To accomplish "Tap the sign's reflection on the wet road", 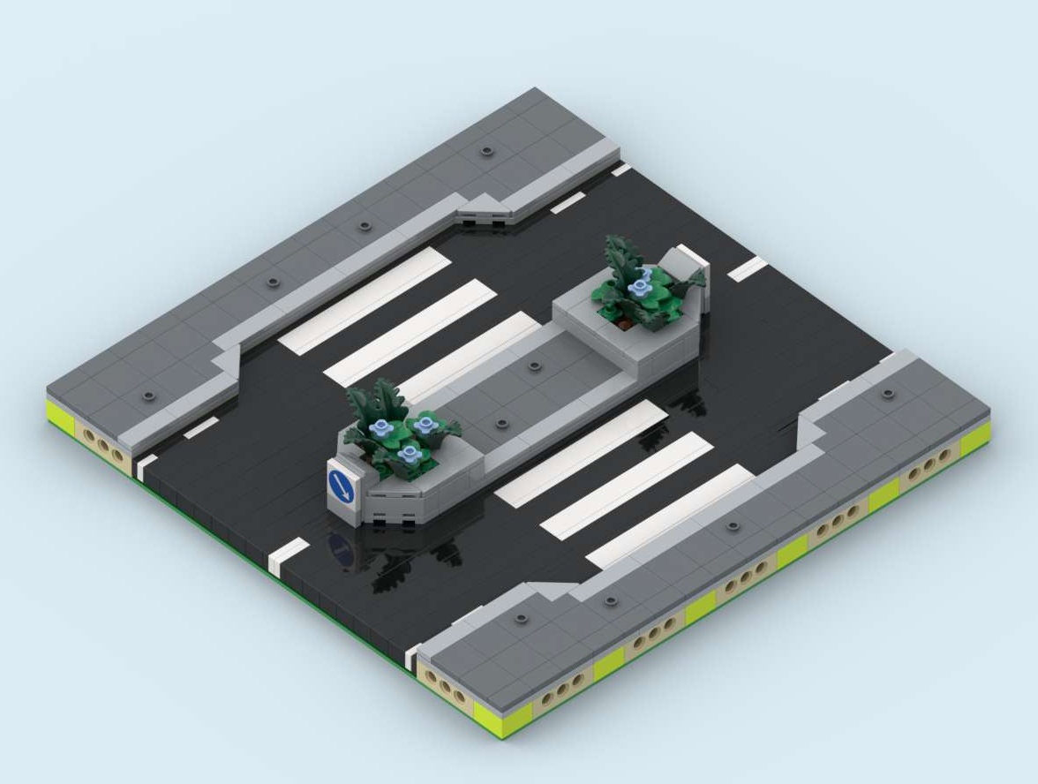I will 342,550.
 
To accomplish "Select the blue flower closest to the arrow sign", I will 409,454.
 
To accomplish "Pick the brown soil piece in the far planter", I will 625,323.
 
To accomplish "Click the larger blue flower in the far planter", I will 638,288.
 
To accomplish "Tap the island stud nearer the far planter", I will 534,366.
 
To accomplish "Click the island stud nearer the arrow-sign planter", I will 501,424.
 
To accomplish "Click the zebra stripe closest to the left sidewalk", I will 365,300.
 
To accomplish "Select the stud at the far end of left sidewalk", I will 486,151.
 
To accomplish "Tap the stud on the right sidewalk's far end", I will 888,394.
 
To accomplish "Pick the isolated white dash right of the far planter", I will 747,268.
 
